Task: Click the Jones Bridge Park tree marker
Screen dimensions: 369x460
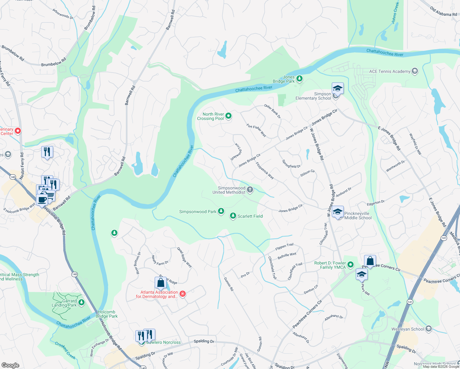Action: click(299, 79)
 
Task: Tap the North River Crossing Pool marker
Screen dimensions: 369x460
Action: click(228, 116)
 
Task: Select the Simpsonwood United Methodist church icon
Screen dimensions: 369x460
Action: click(250, 190)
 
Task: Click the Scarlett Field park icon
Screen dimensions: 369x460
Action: click(233, 216)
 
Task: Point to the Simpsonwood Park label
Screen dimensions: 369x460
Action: click(198, 212)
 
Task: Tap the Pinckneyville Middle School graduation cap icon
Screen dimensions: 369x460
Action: click(338, 212)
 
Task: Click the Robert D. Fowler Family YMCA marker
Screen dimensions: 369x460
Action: click(350, 265)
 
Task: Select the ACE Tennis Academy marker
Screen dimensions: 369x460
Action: click(415, 71)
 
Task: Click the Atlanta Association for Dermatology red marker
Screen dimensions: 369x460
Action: click(183, 294)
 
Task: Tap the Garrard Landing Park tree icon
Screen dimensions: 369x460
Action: click(81, 303)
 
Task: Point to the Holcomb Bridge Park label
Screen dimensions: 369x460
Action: click(107, 314)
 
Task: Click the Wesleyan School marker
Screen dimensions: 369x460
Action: click(429, 329)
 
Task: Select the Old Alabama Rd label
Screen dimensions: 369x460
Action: click(443, 12)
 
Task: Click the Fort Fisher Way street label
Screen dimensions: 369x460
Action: click(256, 130)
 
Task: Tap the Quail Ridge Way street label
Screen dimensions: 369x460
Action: click(184, 258)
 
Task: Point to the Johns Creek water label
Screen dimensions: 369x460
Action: click(395, 13)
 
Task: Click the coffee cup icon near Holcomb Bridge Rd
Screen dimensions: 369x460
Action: click(42, 200)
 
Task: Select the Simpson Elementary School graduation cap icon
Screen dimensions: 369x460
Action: click(337, 88)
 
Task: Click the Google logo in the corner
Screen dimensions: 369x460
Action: click(10, 365)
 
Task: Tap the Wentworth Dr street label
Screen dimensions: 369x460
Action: click(395, 166)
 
